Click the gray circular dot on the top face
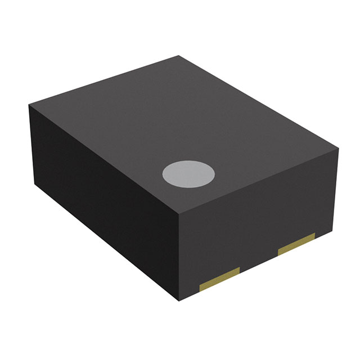click(189, 174)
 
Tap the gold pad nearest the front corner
click(220, 277)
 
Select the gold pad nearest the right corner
click(296, 244)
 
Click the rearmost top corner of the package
click(179, 56)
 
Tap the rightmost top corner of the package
click(339, 148)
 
